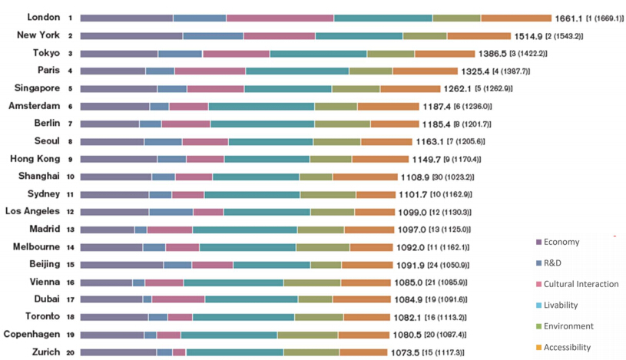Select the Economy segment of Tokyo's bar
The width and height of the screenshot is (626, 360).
point(118,54)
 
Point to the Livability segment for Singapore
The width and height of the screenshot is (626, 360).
point(288,89)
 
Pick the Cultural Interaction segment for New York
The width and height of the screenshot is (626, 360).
point(279,35)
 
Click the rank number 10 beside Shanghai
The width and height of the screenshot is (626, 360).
point(70,177)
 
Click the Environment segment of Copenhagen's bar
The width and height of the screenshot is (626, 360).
point(307,335)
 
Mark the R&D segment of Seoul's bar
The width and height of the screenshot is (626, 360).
point(163,141)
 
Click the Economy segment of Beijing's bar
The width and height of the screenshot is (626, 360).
point(121,265)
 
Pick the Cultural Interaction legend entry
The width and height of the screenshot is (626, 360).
point(580,284)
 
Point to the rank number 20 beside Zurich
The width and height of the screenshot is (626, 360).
point(70,352)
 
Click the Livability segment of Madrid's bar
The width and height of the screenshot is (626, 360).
point(244,230)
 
